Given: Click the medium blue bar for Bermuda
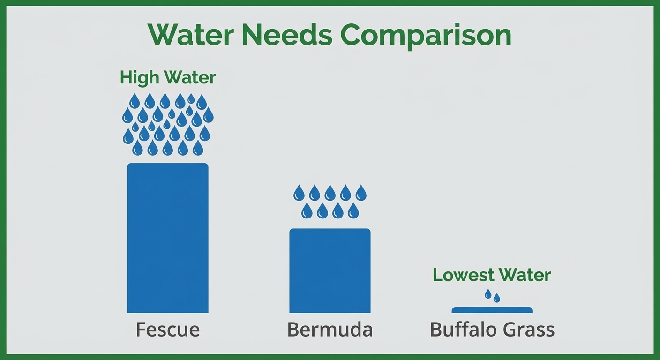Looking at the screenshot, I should pos(330,270).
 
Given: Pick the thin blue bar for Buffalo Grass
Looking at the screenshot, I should pos(492,310).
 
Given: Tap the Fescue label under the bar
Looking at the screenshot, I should pos(167,330).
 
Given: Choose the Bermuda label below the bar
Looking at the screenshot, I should pos(330,330).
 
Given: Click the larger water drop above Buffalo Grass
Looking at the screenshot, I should pos(488,294).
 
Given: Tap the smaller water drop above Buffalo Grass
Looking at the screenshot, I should pos(497,297).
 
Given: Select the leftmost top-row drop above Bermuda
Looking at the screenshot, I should pos(299,193).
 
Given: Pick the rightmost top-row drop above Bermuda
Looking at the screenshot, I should pos(361,193).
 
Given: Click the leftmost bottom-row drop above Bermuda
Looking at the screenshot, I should pos(307,210).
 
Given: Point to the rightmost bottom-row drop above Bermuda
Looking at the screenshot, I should pos(353,210).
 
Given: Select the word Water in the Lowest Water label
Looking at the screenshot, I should pos(526,275).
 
